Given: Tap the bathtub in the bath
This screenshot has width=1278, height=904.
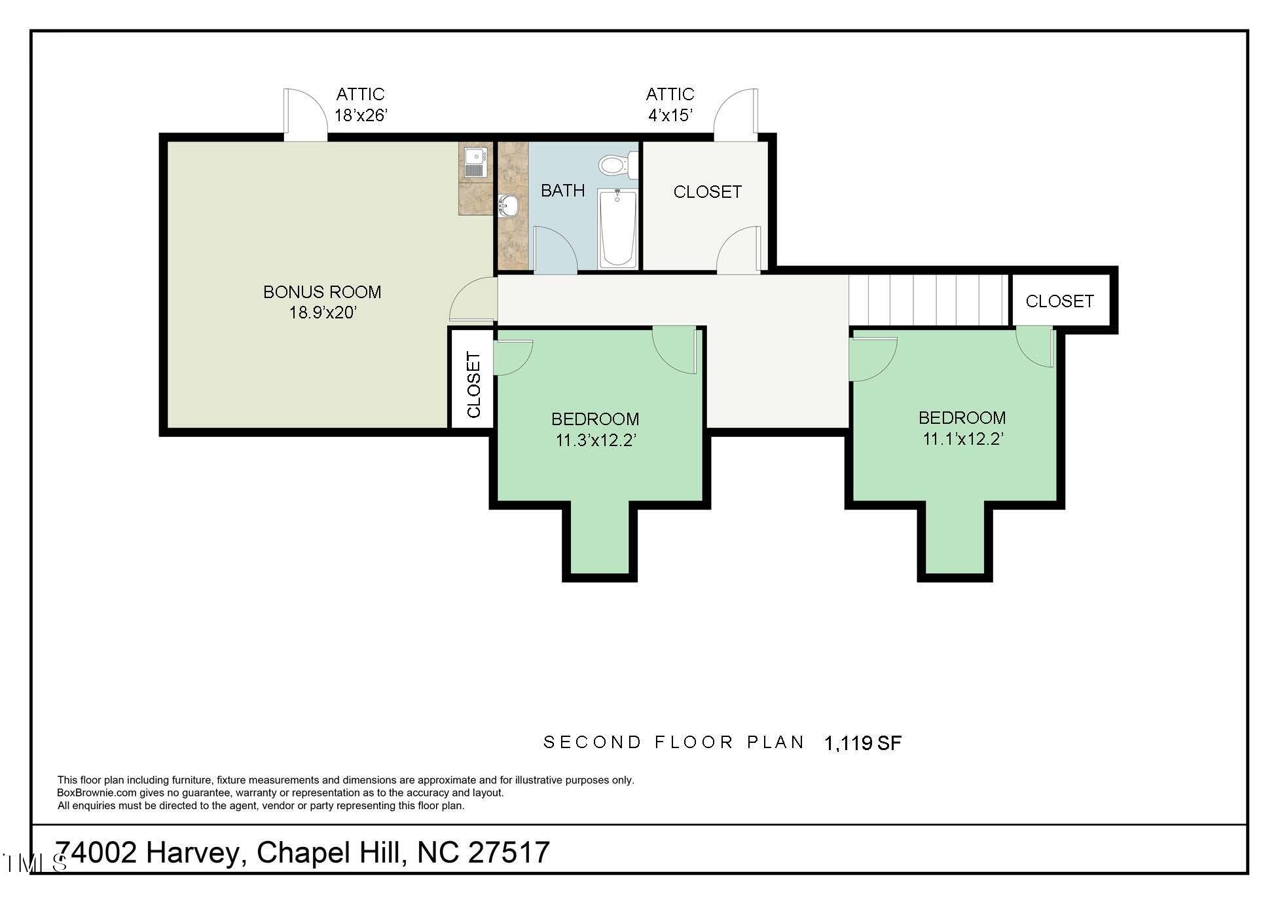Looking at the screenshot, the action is (617, 227).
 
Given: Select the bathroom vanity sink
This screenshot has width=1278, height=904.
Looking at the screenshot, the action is (508, 206).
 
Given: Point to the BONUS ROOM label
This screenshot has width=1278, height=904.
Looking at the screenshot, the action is (322, 292).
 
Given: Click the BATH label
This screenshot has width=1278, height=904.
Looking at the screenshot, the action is (563, 191).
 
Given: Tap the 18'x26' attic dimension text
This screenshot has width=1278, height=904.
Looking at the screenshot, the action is (361, 115).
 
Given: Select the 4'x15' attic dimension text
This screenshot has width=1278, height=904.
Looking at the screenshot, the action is (670, 115).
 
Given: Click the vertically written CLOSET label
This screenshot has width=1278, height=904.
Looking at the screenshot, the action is (473, 385).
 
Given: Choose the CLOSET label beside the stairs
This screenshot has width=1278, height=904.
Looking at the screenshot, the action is (1059, 301).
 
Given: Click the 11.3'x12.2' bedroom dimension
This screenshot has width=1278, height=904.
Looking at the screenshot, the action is (596, 440).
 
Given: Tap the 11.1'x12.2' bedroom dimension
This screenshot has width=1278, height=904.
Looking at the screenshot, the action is (963, 439).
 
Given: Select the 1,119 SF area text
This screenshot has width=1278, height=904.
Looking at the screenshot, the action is (863, 743).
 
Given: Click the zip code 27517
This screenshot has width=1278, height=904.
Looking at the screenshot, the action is (509, 852).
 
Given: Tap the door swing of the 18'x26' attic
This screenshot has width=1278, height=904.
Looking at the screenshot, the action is (305, 115).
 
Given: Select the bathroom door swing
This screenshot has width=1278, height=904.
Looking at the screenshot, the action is (556, 250).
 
